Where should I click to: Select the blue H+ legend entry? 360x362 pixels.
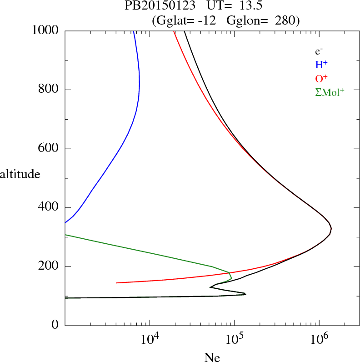click(x=321, y=64)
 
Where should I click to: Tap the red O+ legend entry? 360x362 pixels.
click(x=321, y=78)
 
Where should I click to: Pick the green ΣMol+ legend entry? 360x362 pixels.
click(x=330, y=92)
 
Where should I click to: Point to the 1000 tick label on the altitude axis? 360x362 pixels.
click(x=45, y=30)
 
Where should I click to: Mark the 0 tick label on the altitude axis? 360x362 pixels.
click(x=56, y=326)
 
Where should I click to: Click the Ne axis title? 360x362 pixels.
click(x=212, y=357)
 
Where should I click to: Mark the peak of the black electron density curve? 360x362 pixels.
click(x=331, y=228)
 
